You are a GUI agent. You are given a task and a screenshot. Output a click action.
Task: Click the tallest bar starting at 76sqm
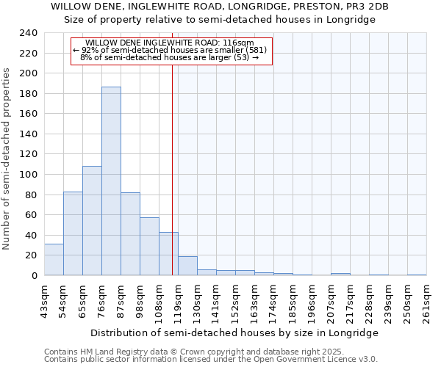(111, 181)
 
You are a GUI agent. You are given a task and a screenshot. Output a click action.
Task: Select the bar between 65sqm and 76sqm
(92, 220)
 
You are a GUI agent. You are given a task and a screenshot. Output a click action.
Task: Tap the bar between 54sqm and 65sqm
(73, 233)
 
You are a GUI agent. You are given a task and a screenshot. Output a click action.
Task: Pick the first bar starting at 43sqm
(54, 260)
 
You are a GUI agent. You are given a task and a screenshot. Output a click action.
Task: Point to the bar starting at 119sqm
(187, 266)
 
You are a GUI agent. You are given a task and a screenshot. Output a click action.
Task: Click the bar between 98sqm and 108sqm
(149, 247)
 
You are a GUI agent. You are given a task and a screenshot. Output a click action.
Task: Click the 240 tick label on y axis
(28, 33)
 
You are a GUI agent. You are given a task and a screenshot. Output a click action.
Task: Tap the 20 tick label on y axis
(31, 255)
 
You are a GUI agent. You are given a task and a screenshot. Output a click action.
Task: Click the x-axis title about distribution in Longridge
(235, 333)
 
